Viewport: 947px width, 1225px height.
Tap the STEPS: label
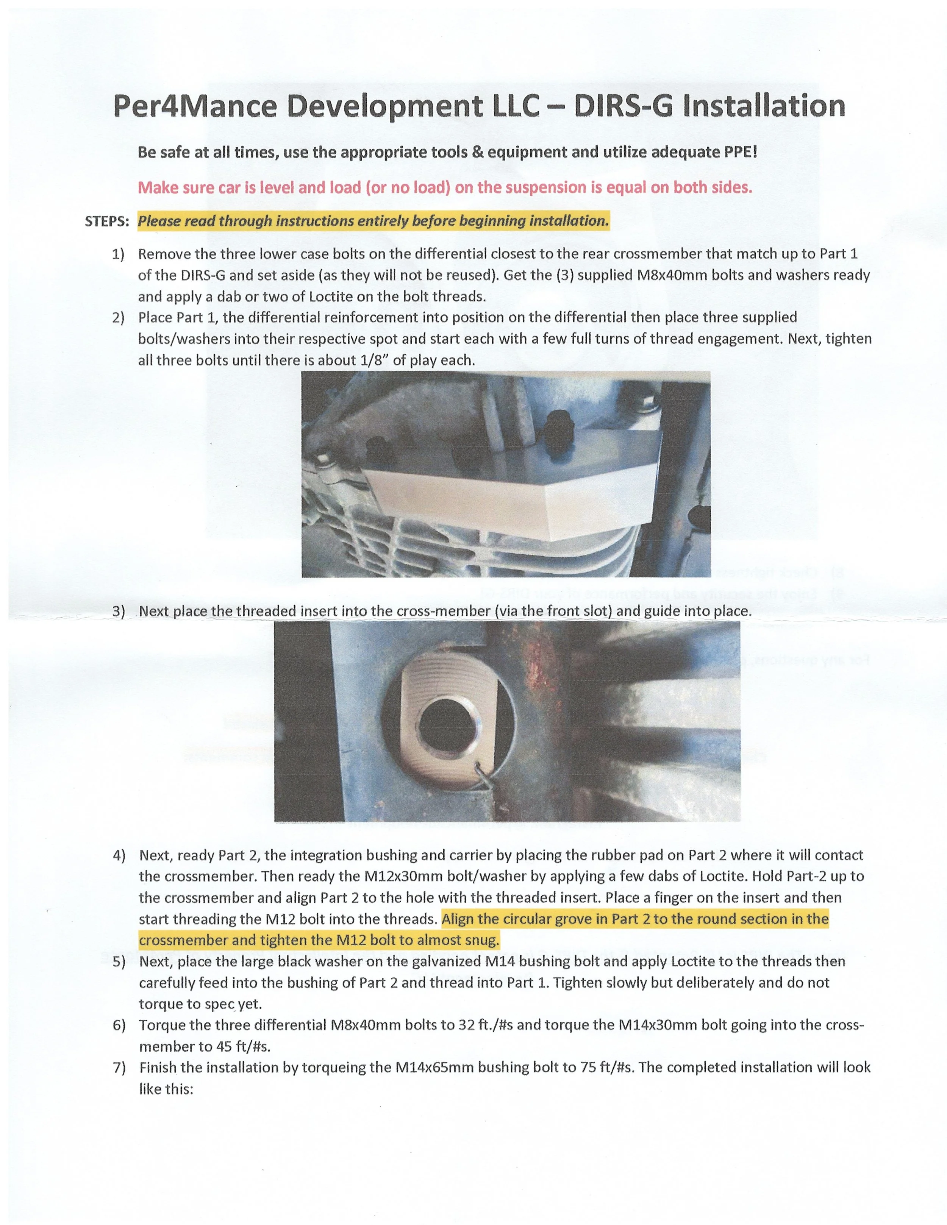(106, 221)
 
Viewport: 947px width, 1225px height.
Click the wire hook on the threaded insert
(484, 774)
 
